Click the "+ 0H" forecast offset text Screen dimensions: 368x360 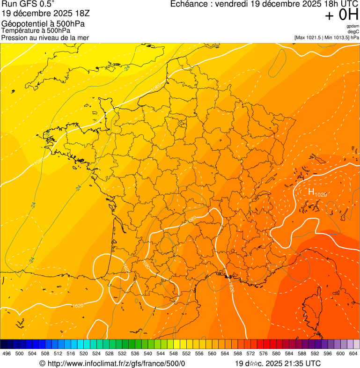point(341,15)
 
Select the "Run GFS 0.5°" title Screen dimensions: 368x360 point(28,5)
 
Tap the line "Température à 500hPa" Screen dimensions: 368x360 point(36,31)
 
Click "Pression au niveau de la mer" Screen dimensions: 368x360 point(45,37)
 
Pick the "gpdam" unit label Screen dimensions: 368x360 point(353,26)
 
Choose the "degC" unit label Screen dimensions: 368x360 point(354,31)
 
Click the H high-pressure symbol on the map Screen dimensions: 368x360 point(311,191)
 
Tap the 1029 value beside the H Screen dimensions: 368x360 point(321,195)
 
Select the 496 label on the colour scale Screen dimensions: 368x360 point(7,354)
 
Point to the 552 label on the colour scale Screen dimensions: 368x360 point(186,354)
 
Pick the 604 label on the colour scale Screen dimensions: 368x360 point(353,354)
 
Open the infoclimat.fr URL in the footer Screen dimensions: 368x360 point(117,363)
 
